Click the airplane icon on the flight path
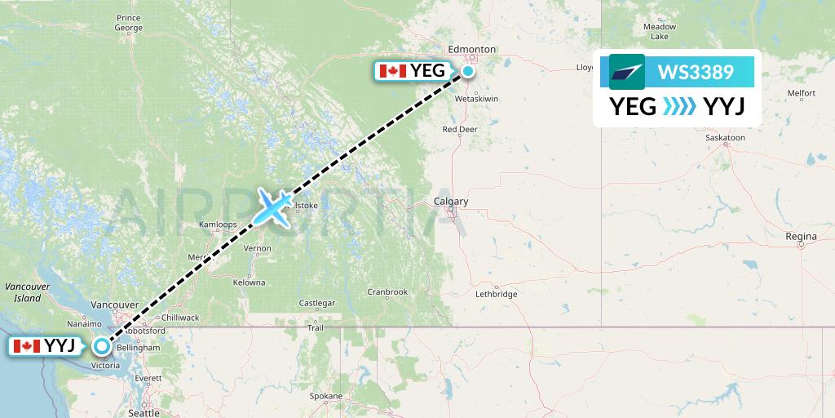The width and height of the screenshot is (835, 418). point(274,207)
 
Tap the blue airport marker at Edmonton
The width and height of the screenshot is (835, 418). point(468,71)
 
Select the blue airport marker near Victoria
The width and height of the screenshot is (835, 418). point(101,346)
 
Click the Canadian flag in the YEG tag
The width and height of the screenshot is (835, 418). point(393,71)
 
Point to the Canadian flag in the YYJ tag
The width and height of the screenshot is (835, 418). point(27,346)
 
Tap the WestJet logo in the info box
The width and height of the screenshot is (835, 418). point(626,72)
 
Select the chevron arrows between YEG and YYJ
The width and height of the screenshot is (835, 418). point(679,107)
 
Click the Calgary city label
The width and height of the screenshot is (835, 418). point(451,202)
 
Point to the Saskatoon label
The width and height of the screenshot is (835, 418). point(725,138)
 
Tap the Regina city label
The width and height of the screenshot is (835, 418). point(801,237)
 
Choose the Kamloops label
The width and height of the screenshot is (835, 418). point(218,225)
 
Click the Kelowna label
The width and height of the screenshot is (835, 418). point(249,282)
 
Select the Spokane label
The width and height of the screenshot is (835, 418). point(326,396)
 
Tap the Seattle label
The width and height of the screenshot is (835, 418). point(144,413)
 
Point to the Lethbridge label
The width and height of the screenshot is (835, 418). point(495,294)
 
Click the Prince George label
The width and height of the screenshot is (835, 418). point(128,23)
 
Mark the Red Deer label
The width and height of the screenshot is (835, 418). point(459,130)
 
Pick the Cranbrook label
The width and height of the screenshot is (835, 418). point(387,291)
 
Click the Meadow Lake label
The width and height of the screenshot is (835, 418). point(660,31)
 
